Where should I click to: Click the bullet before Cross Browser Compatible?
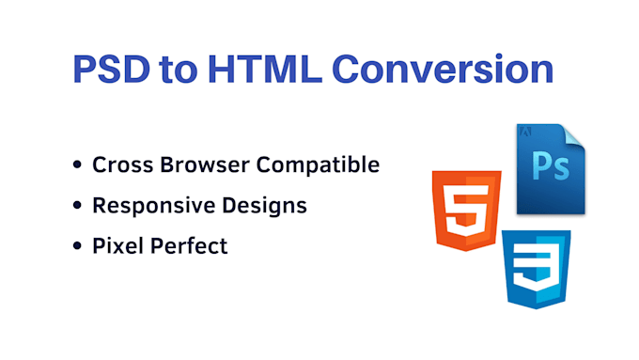[77, 166]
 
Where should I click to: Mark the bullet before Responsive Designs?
[77, 206]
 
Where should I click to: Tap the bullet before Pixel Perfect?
[77, 246]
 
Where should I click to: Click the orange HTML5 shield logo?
[467, 209]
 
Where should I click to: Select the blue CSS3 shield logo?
[537, 269]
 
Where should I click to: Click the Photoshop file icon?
[551, 167]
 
